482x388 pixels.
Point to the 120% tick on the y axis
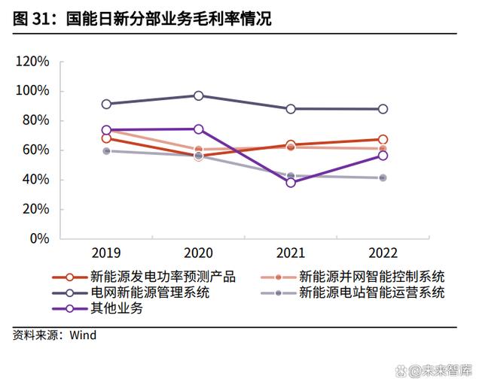coord(32,62)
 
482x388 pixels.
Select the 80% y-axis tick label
coord(35,120)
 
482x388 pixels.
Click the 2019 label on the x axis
coord(106,253)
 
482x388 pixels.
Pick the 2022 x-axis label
coord(383,253)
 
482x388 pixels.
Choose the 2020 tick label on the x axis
coord(198,253)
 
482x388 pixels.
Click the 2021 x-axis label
coord(291,253)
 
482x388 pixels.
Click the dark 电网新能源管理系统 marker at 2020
coord(199,95)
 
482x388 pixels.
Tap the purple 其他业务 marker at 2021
coord(291,183)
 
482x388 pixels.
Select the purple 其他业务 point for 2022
coord(383,156)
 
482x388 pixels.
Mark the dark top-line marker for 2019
coord(106,105)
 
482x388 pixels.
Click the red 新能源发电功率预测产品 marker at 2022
coord(383,139)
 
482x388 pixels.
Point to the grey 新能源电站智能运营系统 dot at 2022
coord(383,177)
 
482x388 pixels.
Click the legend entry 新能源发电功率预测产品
coord(163,277)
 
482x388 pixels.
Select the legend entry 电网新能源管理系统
coord(150,292)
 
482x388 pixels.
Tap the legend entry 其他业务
coord(116,308)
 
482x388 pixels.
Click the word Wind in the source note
coord(83,335)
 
